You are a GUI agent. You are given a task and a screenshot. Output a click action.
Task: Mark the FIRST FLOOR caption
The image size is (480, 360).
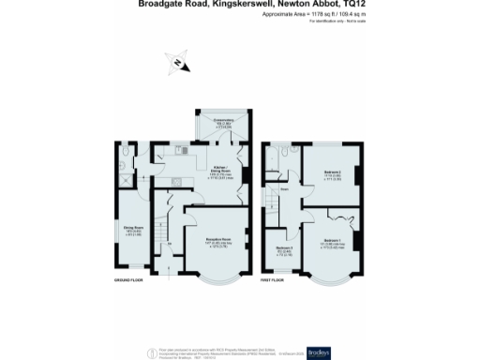click(274, 278)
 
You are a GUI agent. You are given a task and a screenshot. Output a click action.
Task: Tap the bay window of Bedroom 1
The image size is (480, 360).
click(331, 278)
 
